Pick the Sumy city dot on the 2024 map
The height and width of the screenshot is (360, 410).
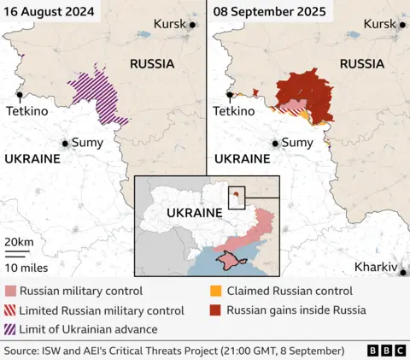coord(64,143)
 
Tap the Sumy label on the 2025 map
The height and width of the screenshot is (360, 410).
coord(297,143)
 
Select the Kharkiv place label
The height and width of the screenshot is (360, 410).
coord(376,268)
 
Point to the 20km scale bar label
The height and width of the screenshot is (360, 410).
coord(19,243)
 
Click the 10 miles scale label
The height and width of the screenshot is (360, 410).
coord(23,267)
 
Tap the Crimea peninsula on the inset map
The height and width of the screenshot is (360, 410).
coord(229,259)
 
